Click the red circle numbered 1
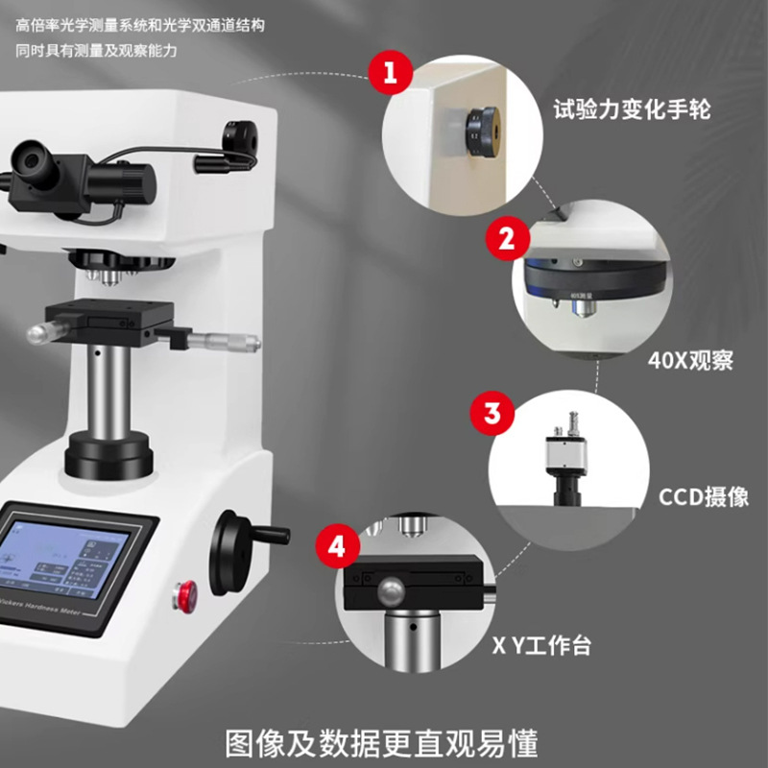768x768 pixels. click(x=391, y=74)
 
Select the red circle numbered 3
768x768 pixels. click(x=492, y=414)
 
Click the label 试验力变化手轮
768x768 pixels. click(x=632, y=108)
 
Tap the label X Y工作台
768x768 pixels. click(x=542, y=646)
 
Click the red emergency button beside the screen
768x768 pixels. click(x=182, y=595)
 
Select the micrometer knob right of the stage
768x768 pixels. click(x=226, y=341)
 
